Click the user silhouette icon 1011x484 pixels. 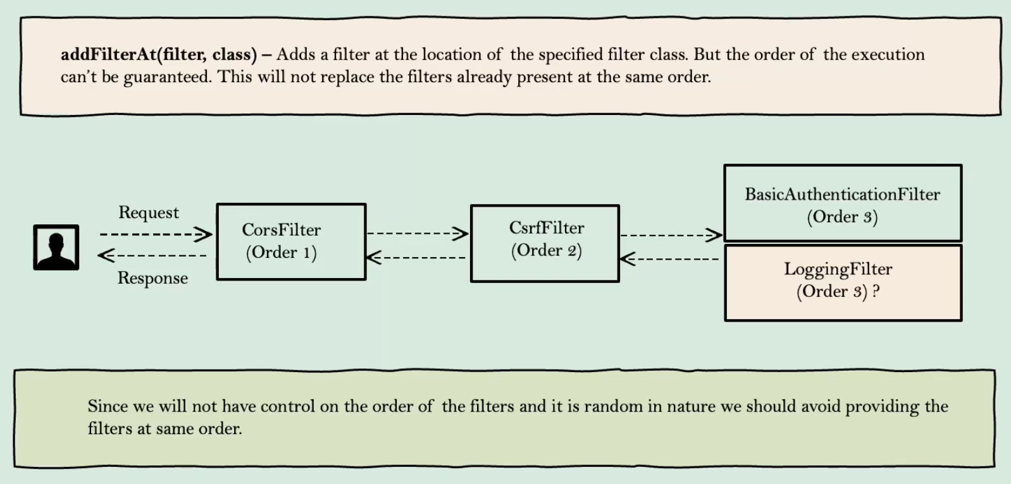[x=56, y=247]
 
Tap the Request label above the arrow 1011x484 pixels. [x=149, y=212]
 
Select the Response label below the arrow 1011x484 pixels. [x=152, y=278]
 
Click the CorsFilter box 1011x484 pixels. [x=291, y=242]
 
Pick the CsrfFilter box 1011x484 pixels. [x=545, y=243]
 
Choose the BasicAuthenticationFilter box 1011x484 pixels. [x=843, y=203]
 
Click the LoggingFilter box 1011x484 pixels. [x=843, y=283]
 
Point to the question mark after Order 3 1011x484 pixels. [x=876, y=291]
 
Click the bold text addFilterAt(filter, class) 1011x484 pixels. [x=159, y=55]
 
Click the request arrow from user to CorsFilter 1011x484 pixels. [x=155, y=235]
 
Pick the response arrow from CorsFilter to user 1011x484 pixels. [x=152, y=255]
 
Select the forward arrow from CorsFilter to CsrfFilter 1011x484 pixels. [x=418, y=234]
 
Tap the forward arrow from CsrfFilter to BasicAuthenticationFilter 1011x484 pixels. [x=671, y=235]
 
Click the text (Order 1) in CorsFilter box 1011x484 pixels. [x=281, y=253]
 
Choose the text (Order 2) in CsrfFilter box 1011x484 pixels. [x=546, y=251]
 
